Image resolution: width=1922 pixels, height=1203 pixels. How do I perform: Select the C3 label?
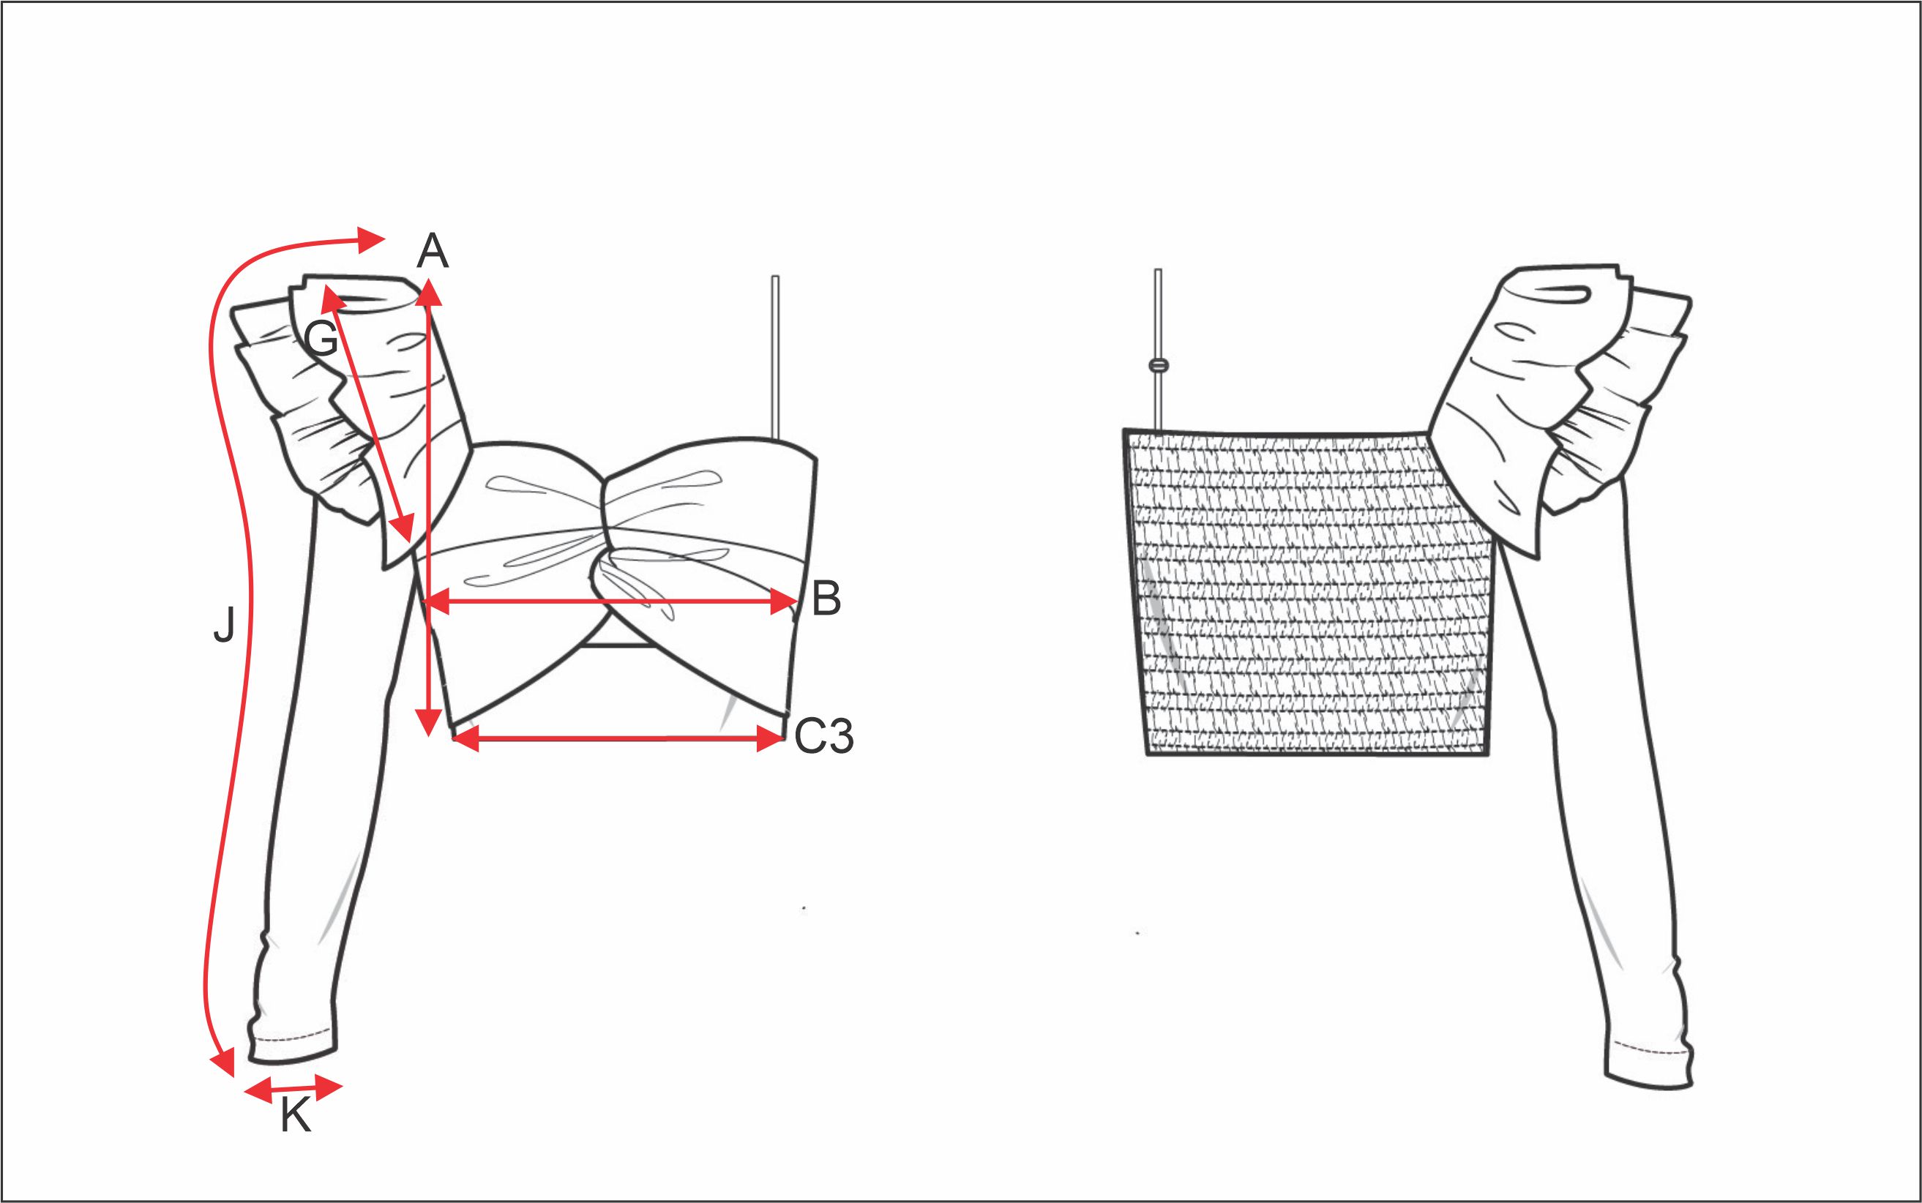823,736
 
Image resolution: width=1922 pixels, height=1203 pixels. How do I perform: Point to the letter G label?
322,340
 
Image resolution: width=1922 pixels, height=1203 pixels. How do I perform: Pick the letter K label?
295,1116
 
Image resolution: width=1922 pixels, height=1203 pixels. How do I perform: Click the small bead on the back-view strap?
1159,365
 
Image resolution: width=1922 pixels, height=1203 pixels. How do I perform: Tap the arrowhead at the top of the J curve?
371,239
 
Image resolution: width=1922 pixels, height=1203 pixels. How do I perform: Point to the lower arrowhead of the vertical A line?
429,722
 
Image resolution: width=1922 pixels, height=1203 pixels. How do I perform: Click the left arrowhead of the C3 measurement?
466,739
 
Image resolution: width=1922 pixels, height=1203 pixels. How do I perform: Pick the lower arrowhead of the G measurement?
404,528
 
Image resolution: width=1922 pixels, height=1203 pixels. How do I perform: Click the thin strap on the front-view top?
775,357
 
